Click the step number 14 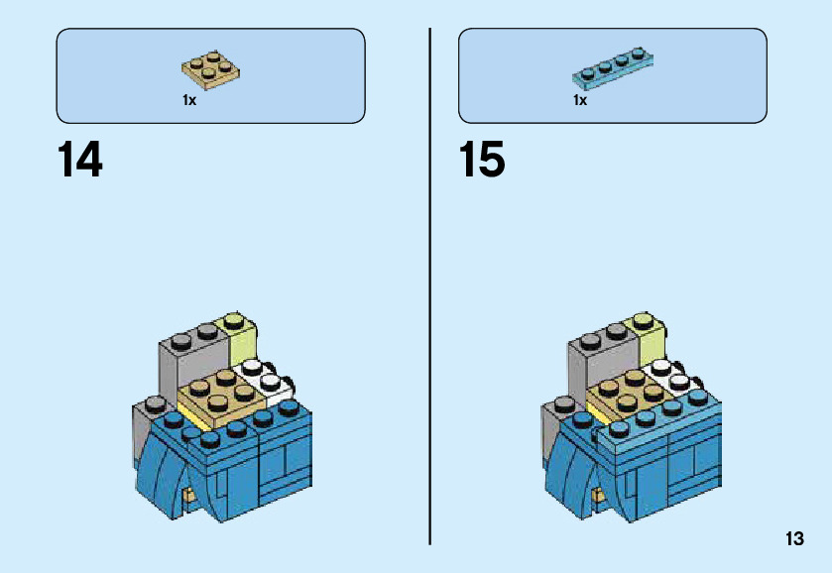[80, 161]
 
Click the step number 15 [482, 161]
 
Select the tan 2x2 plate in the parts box [212, 68]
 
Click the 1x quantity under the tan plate [188, 100]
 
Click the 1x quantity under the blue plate [580, 100]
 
